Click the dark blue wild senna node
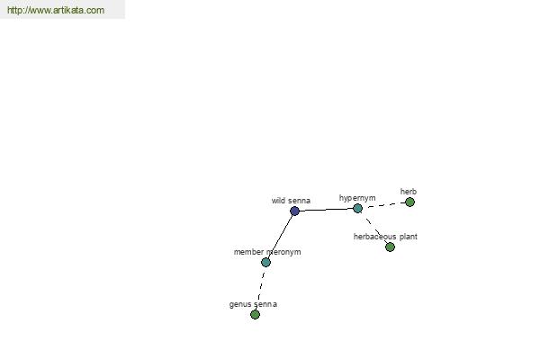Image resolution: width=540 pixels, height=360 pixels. [x=294, y=211]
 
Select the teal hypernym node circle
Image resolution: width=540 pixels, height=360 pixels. [x=358, y=208]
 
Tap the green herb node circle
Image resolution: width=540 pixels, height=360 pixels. [x=409, y=202]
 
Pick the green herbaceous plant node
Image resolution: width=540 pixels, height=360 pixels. [x=391, y=247]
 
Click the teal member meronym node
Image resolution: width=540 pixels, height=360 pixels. [x=265, y=262]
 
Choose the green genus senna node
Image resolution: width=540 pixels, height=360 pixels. [x=255, y=314]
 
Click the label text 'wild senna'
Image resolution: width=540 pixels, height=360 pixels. [x=291, y=201]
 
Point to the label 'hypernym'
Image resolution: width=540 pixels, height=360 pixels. [x=357, y=198]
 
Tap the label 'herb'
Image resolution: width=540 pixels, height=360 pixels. [x=409, y=191]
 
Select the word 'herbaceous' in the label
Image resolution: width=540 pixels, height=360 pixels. [x=375, y=237]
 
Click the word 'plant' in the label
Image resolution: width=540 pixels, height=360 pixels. [x=409, y=237]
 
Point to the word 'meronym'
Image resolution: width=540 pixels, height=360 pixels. [x=283, y=252]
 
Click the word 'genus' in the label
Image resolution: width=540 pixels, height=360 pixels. [x=239, y=304]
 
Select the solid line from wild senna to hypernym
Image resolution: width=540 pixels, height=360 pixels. [x=326, y=210]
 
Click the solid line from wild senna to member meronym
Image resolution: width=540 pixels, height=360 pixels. [x=280, y=237]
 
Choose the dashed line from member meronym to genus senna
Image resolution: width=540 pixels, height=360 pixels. [x=261, y=289]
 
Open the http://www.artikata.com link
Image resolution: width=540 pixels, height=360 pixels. [x=56, y=10]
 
